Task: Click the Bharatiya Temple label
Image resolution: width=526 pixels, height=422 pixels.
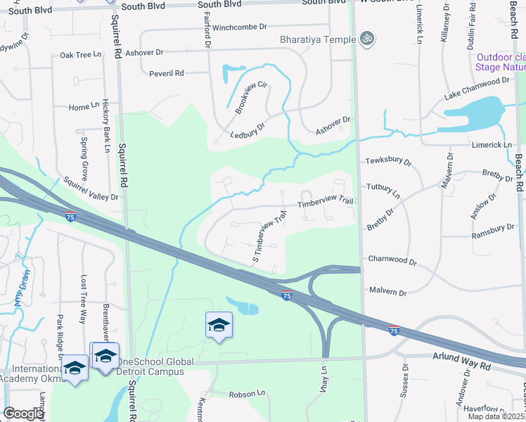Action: click(318, 39)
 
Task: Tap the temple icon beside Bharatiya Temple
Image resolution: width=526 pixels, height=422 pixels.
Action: click(366, 39)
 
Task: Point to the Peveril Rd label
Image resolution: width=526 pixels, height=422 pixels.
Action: click(166, 73)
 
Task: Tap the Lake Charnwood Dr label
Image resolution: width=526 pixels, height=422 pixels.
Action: click(477, 88)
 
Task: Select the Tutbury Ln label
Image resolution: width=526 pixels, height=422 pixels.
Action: click(383, 190)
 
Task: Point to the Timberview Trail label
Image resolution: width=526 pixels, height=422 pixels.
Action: click(325, 202)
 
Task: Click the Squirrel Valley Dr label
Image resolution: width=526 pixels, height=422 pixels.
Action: click(91, 189)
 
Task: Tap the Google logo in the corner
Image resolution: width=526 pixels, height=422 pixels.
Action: click(23, 413)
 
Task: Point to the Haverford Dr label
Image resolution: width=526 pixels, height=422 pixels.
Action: click(499, 406)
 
